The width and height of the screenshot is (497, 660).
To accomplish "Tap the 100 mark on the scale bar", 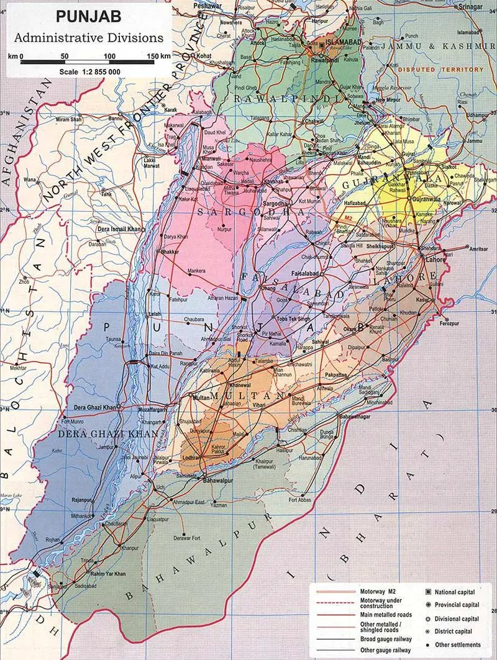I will [x=110, y=57].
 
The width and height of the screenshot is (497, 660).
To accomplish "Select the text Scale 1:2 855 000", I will [x=91, y=71].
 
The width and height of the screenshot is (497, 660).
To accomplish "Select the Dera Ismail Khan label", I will [x=119, y=229].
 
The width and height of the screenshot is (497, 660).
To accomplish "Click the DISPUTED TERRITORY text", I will [x=440, y=70].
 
